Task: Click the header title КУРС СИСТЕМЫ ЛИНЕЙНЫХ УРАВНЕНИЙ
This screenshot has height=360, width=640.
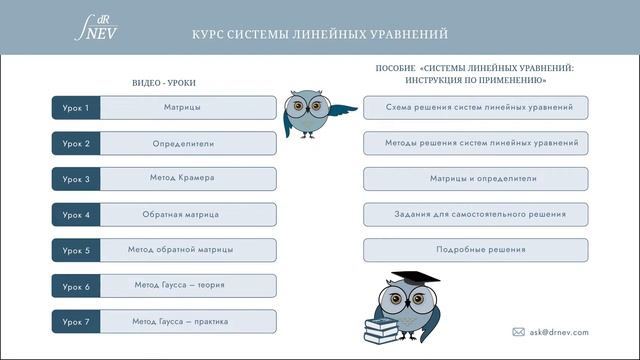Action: click(x=320, y=34)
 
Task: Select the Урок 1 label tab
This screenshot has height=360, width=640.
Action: click(x=76, y=107)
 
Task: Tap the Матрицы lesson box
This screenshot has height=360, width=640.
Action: click(x=182, y=107)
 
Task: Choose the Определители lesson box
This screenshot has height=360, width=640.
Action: click(x=182, y=143)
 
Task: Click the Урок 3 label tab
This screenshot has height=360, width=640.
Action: click(x=76, y=179)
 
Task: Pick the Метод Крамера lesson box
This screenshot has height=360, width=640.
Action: click(x=182, y=179)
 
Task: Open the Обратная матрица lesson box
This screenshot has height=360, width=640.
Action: click(x=182, y=215)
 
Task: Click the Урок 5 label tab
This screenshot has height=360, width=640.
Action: click(x=76, y=250)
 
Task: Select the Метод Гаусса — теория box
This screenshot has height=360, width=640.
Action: click(x=182, y=286)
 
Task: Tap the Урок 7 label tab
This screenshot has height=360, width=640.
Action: click(x=76, y=322)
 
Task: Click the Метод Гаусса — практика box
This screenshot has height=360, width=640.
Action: click(x=182, y=322)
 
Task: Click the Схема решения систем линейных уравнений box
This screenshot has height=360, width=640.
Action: click(x=475, y=107)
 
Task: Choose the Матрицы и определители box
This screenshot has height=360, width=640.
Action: click(x=475, y=179)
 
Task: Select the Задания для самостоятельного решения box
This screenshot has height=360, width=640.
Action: click(x=475, y=214)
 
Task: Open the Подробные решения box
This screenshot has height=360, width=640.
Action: click(x=475, y=250)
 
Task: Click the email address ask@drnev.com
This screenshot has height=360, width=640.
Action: click(x=557, y=332)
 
